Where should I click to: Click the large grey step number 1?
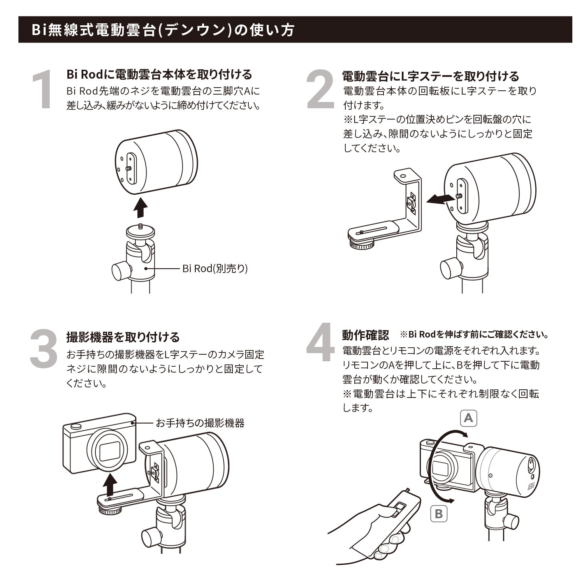[42, 89]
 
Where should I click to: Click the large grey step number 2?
[320, 89]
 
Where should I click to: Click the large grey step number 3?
[44, 348]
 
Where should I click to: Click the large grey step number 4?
[320, 343]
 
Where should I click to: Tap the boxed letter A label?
[468, 418]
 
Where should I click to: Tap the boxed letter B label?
[439, 514]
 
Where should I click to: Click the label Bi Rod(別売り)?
[215, 269]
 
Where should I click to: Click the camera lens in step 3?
[109, 451]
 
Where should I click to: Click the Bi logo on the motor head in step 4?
[532, 486]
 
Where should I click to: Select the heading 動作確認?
[365, 335]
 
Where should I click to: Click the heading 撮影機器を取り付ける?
[123, 337]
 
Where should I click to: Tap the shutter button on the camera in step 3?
[77, 426]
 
